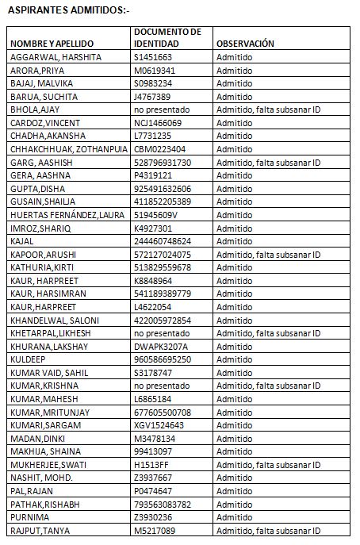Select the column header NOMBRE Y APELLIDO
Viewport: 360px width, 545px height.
pos(52,44)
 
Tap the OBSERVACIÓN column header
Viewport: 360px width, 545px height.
pos(245,44)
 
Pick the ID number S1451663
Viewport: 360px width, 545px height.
pos(153,58)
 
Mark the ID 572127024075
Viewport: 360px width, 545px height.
pos(163,254)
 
